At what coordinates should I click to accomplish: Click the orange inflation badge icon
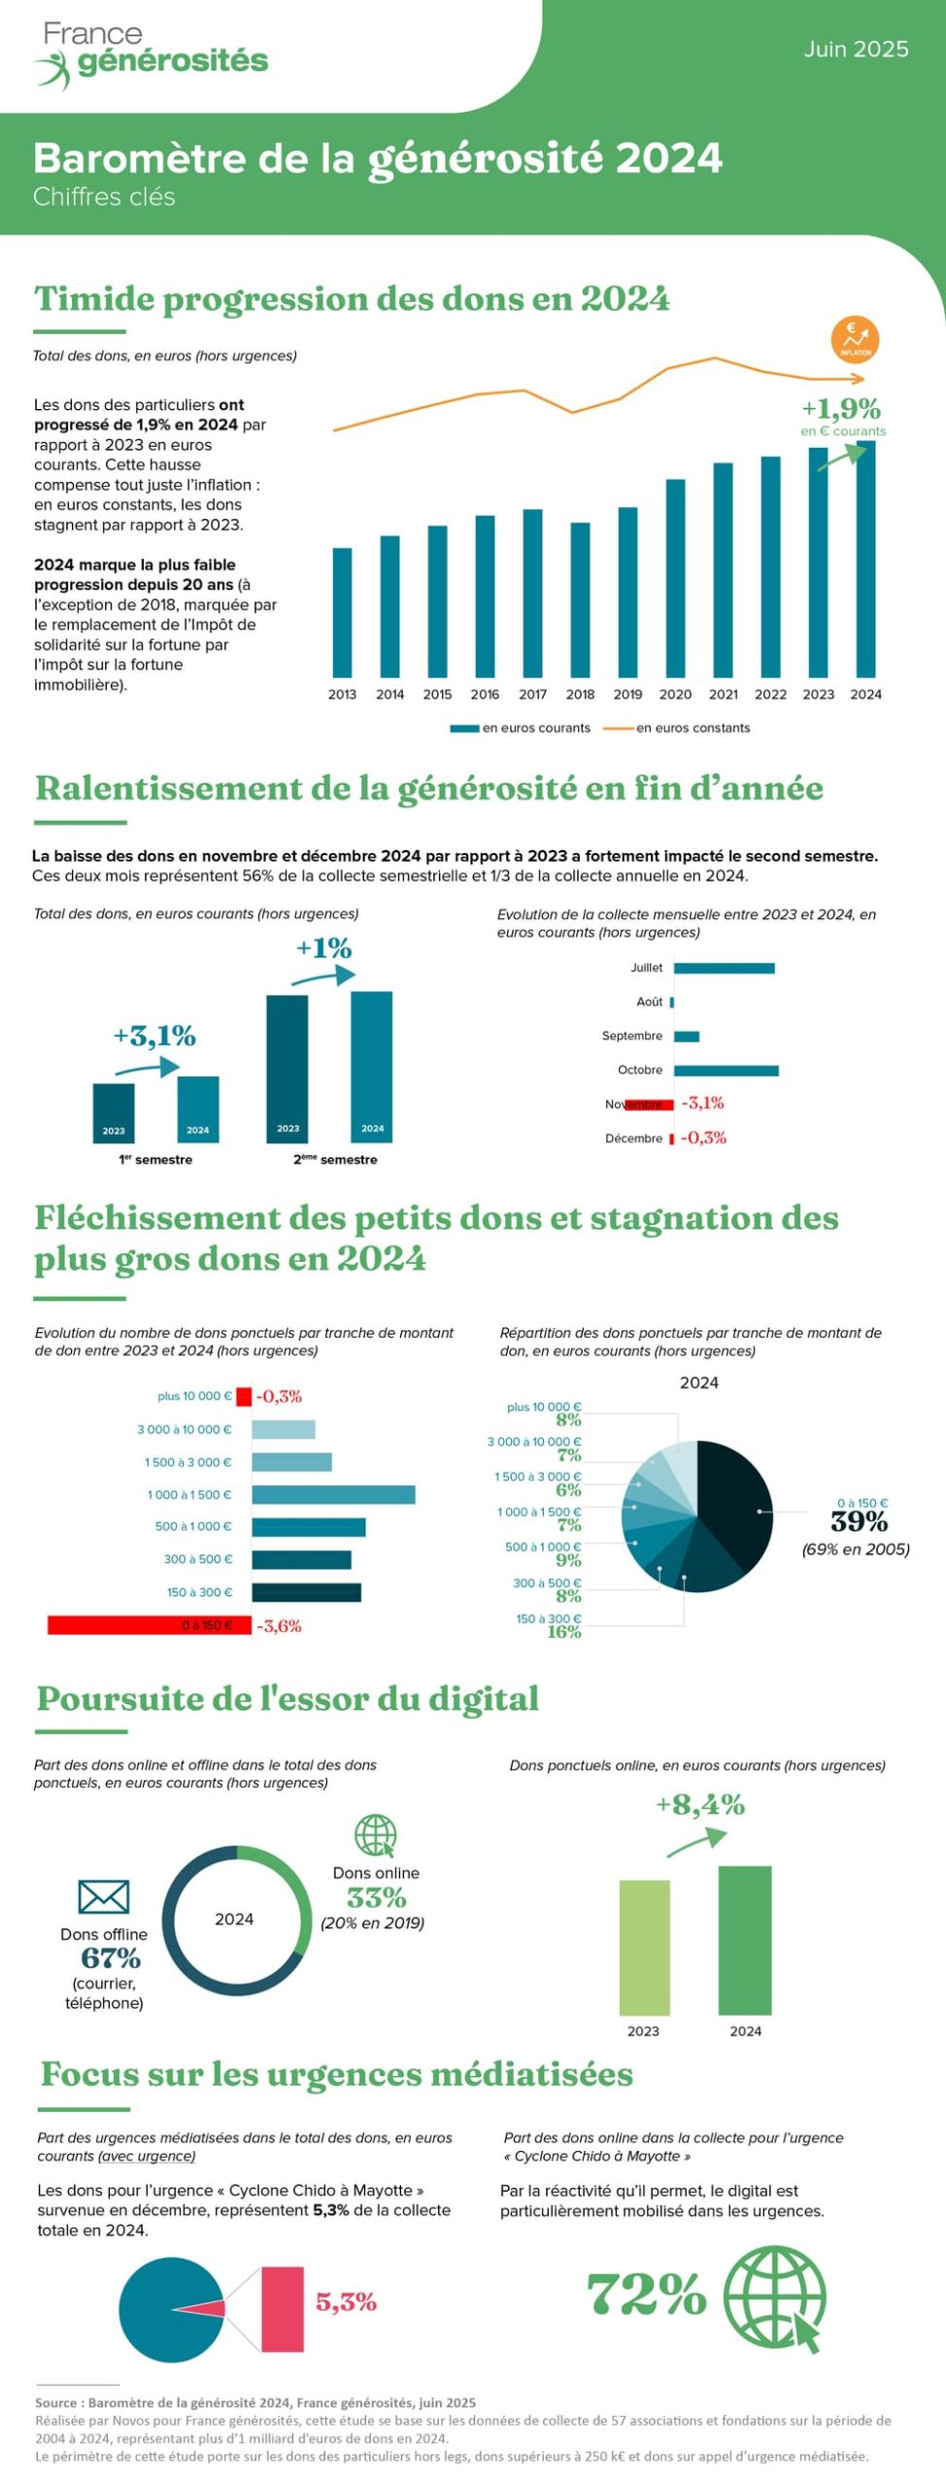click(855, 339)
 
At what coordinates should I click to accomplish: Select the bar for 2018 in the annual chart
click(580, 599)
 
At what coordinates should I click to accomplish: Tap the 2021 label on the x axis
click(724, 695)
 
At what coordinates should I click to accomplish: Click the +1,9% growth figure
click(841, 408)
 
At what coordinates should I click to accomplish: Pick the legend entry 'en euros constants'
click(693, 728)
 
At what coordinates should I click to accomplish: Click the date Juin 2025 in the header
click(856, 50)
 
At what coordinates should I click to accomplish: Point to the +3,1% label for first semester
click(154, 1036)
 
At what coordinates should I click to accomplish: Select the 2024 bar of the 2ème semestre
click(371, 1066)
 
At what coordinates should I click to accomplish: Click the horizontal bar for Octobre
click(726, 1071)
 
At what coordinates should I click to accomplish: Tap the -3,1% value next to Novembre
click(702, 1103)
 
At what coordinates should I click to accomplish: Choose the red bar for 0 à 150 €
click(149, 1625)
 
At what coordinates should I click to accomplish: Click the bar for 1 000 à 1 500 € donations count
click(333, 1494)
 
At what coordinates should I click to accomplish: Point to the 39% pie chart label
click(859, 1521)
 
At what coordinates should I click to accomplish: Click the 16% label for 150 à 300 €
click(563, 1632)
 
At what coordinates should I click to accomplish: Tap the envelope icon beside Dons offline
click(103, 1896)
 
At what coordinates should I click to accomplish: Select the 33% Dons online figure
click(376, 1896)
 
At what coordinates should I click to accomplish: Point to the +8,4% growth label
click(699, 1805)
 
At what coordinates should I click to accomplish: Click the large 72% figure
click(647, 2296)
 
